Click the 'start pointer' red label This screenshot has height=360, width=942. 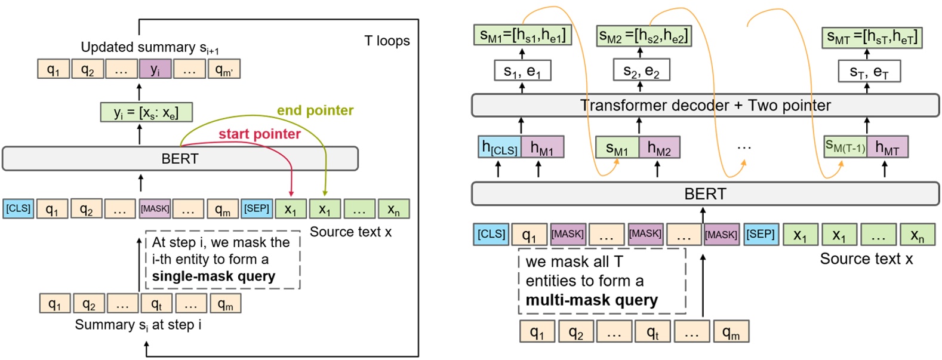pyautogui.click(x=259, y=134)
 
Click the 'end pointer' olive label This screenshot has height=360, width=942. pyautogui.click(x=315, y=110)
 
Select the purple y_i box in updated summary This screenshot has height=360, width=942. pyautogui.click(x=155, y=69)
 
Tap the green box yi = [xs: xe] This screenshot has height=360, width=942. pyautogui.click(x=146, y=112)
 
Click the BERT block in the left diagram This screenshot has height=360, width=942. pyautogui.click(x=180, y=159)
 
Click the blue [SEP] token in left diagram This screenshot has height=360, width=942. pyautogui.click(x=257, y=209)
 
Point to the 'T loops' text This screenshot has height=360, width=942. pyautogui.click(x=387, y=41)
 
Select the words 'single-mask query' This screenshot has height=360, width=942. pyautogui.click(x=213, y=276)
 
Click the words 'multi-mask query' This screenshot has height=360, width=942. pyautogui.click(x=591, y=300)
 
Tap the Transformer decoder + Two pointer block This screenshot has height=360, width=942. pyautogui.click(x=705, y=106)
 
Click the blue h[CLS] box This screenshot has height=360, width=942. pyautogui.click(x=500, y=147)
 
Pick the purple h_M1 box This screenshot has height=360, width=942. pyautogui.click(x=542, y=147)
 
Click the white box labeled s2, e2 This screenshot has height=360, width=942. pyautogui.click(x=641, y=71)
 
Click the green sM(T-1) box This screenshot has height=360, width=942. pyautogui.click(x=845, y=147)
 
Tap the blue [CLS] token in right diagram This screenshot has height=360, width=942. pyautogui.click(x=491, y=234)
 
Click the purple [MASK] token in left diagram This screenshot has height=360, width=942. pyautogui.click(x=155, y=209)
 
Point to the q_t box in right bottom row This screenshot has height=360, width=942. pyautogui.click(x=652, y=332)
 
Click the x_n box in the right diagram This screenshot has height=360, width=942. pyautogui.click(x=917, y=235)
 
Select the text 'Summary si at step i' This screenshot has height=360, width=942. pyautogui.click(x=138, y=325)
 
